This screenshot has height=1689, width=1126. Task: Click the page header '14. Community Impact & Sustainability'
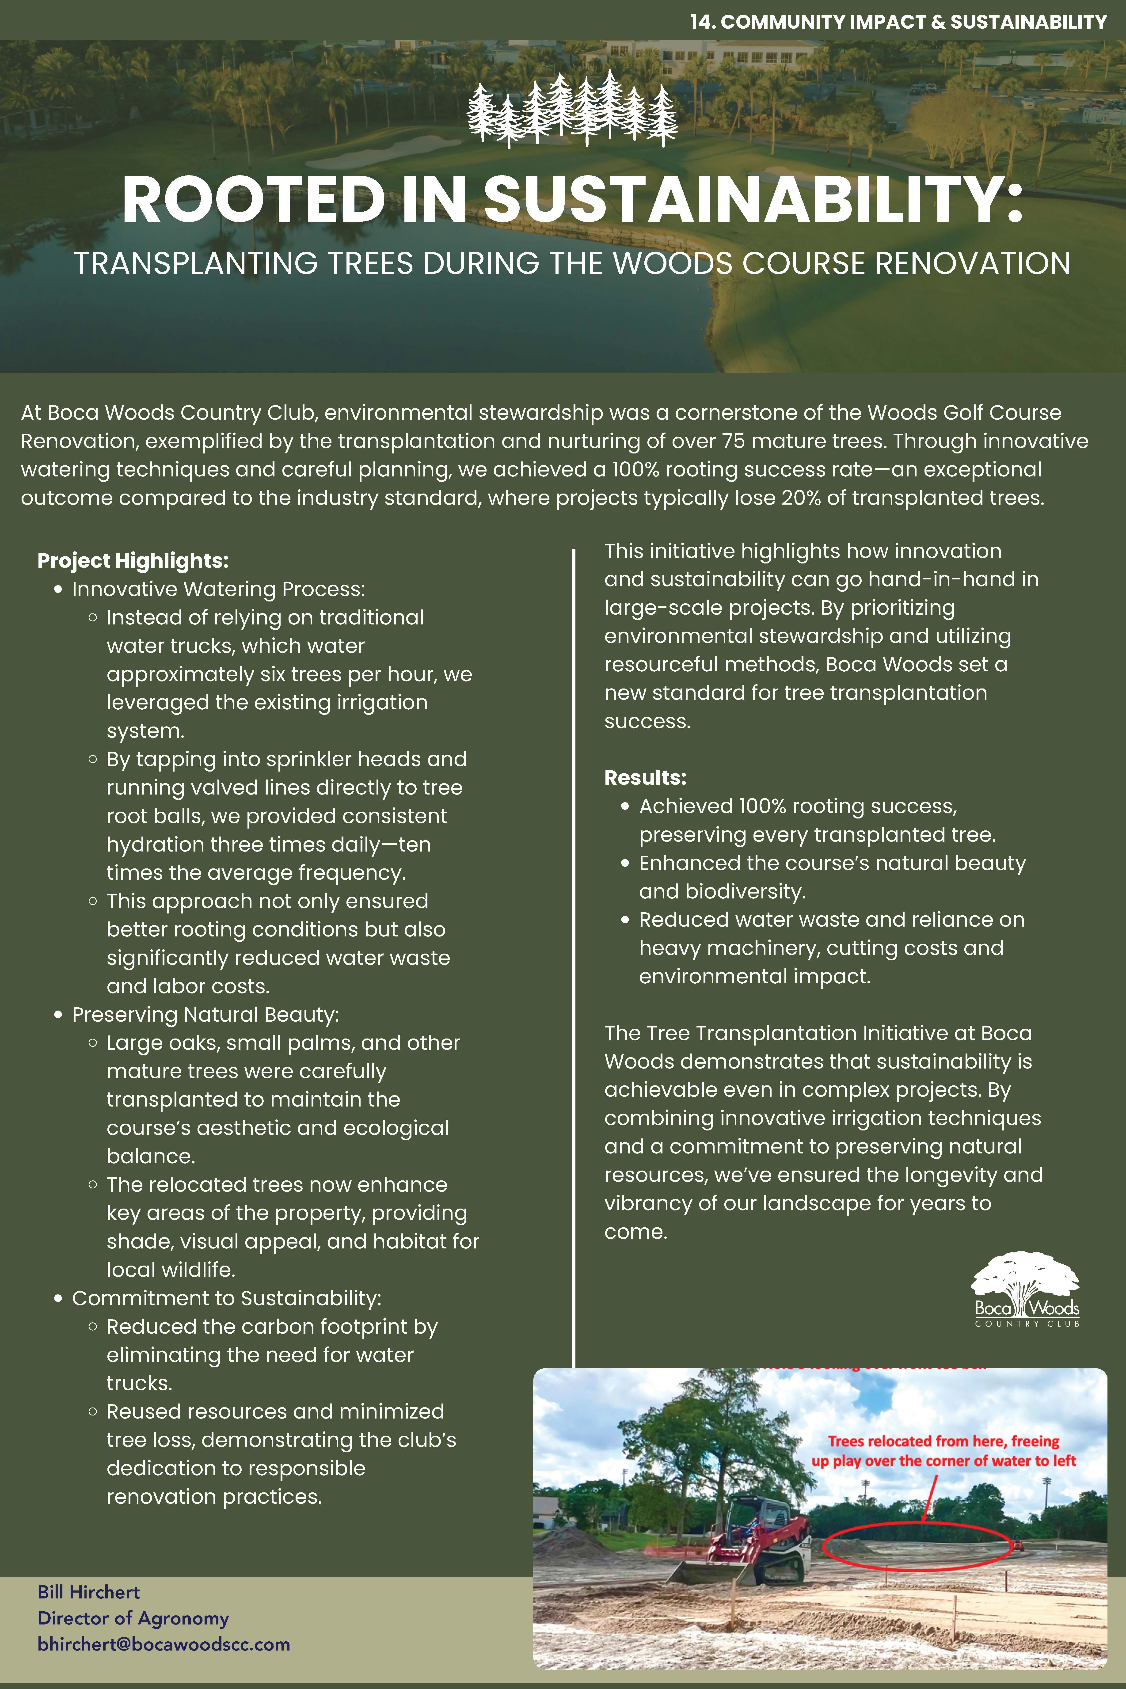tap(898, 22)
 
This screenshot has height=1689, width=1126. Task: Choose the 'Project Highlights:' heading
tap(133, 561)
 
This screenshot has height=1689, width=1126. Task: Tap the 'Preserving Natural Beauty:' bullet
tap(205, 1015)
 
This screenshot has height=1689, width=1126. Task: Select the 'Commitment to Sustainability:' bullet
tap(226, 1298)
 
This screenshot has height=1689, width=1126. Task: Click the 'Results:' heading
tap(645, 778)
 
